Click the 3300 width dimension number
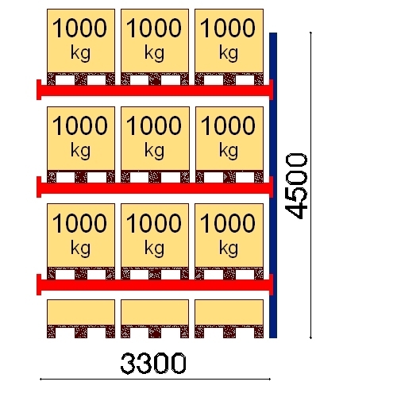coord(153,363)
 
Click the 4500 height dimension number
coord(296,186)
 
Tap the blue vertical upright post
coord(273,185)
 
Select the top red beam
coord(155,91)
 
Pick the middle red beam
coord(155,187)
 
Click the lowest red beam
coord(155,285)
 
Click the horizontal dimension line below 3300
coord(155,379)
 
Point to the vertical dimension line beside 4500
coord(310,185)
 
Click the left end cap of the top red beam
coord(39,90)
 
